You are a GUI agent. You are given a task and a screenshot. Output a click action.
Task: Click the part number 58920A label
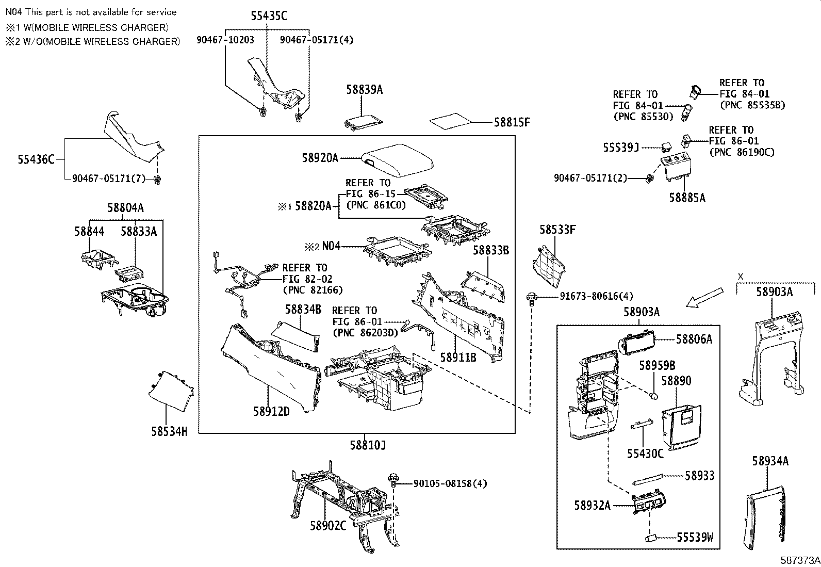click(x=320, y=158)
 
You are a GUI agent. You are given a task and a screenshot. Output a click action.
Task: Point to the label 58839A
click(x=364, y=90)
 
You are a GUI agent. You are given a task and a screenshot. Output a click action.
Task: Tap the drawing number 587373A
click(x=799, y=560)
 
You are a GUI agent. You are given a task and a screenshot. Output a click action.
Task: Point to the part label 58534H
click(x=169, y=431)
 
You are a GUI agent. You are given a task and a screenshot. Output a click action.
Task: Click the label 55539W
click(x=695, y=538)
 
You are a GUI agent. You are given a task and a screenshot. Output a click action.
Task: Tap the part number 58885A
click(x=687, y=198)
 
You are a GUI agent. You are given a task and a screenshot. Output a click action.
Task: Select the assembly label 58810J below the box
click(x=368, y=445)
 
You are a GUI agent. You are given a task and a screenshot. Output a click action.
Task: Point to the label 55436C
click(x=36, y=159)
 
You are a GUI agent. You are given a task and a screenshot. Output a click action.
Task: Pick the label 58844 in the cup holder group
click(x=89, y=231)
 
